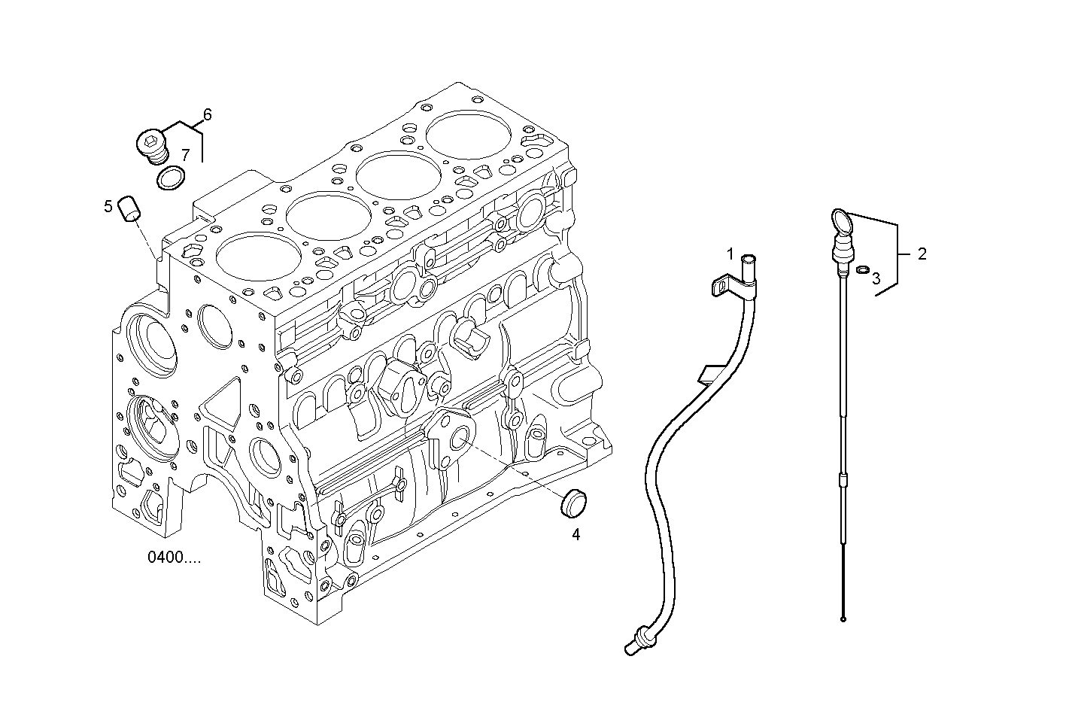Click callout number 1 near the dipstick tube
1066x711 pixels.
[729, 253]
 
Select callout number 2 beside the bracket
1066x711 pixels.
[922, 254]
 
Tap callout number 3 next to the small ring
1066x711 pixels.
[876, 278]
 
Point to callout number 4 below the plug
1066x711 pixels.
[576, 535]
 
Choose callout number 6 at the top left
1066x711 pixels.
[207, 114]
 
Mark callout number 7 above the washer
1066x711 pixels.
[185, 155]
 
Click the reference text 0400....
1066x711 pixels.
[174, 558]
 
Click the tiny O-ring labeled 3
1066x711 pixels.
[864, 269]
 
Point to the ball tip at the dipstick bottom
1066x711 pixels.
[844, 619]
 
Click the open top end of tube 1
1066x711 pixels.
[748, 258]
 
